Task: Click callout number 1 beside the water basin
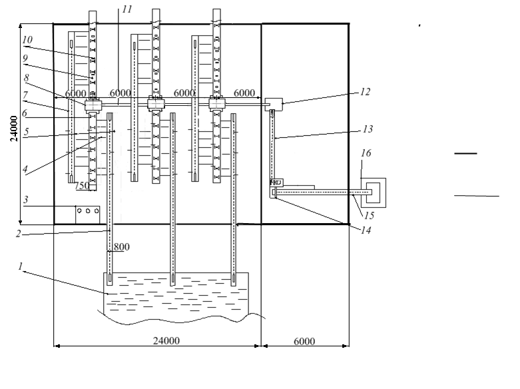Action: (x=21, y=266)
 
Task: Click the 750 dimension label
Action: (x=81, y=186)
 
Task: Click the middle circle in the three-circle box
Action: (x=88, y=210)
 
